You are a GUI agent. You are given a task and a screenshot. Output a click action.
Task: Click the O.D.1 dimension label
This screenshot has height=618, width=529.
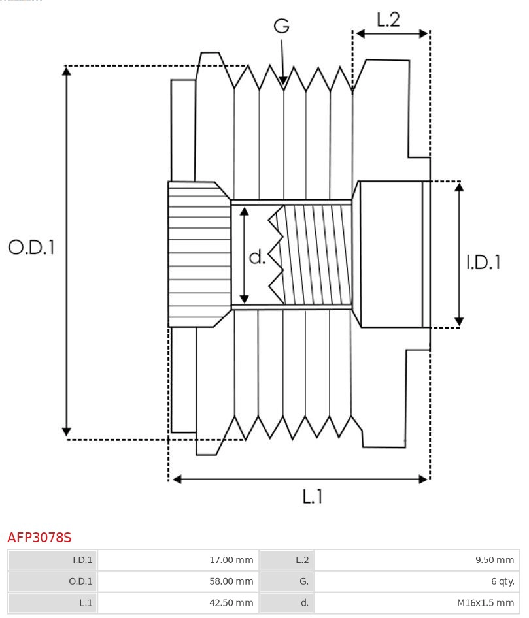pos(31,247)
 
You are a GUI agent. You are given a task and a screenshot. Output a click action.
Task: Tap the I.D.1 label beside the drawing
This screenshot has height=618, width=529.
pos(483,262)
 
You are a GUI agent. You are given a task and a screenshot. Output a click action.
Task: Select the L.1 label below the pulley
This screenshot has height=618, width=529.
pos(313,497)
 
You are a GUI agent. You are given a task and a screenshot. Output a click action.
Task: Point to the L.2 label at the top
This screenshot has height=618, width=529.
pos(388,20)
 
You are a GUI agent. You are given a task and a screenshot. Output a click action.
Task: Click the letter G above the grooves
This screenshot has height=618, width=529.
pos(281,26)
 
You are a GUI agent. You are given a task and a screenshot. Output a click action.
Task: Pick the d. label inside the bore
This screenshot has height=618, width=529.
pos(258,257)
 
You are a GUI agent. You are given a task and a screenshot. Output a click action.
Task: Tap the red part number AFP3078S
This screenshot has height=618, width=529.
pos(39,538)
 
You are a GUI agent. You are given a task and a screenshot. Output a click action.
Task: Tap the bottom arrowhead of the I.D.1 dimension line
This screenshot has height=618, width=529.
pos(459,321)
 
